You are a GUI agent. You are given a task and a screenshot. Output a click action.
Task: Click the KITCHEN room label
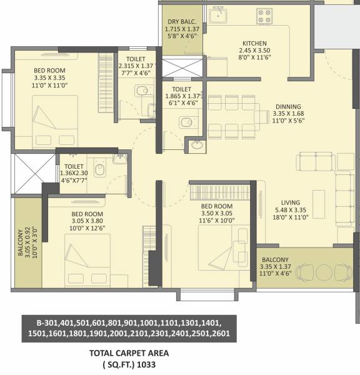254,43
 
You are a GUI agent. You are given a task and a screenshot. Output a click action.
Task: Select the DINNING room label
287,106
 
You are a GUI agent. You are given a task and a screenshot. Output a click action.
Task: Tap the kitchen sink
217,15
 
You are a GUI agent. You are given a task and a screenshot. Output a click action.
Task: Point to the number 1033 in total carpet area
145,363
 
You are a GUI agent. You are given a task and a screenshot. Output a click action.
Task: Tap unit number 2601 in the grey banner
219,334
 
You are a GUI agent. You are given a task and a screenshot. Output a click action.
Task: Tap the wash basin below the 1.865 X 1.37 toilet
197,146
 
